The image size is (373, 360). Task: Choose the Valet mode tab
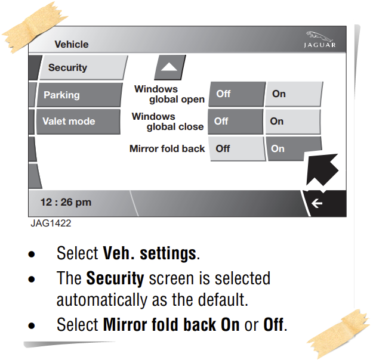75,121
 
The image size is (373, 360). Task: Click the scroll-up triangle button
169,67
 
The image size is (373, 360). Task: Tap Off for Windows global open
235,94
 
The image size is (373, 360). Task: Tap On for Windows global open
292,94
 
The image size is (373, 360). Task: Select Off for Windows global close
234,121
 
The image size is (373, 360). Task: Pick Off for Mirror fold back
235,148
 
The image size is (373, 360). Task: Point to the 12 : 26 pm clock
66,202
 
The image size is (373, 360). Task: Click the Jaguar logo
320,40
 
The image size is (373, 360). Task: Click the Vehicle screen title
71,44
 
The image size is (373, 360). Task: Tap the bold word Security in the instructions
115,278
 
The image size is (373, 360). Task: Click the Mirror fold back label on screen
167,148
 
